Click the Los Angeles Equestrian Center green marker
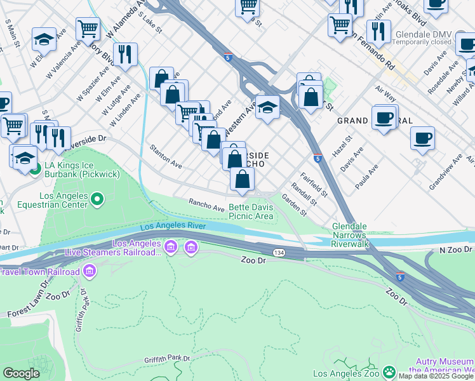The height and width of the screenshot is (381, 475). click(97, 201)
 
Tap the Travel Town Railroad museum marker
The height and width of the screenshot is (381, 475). click(89, 272)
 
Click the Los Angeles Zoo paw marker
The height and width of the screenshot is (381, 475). click(389, 371)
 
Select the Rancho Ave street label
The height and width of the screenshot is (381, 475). click(206, 204)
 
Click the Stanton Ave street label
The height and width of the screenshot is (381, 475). click(166, 156)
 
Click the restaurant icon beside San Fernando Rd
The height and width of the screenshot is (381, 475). click(378, 30)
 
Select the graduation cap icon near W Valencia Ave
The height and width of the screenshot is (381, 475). click(44, 39)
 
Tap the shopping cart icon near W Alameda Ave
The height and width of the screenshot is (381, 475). click(88, 28)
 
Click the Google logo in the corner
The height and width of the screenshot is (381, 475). click(21, 373)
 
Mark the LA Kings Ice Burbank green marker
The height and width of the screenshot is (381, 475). click(36, 169)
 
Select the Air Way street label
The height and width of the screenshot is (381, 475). click(385, 95)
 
